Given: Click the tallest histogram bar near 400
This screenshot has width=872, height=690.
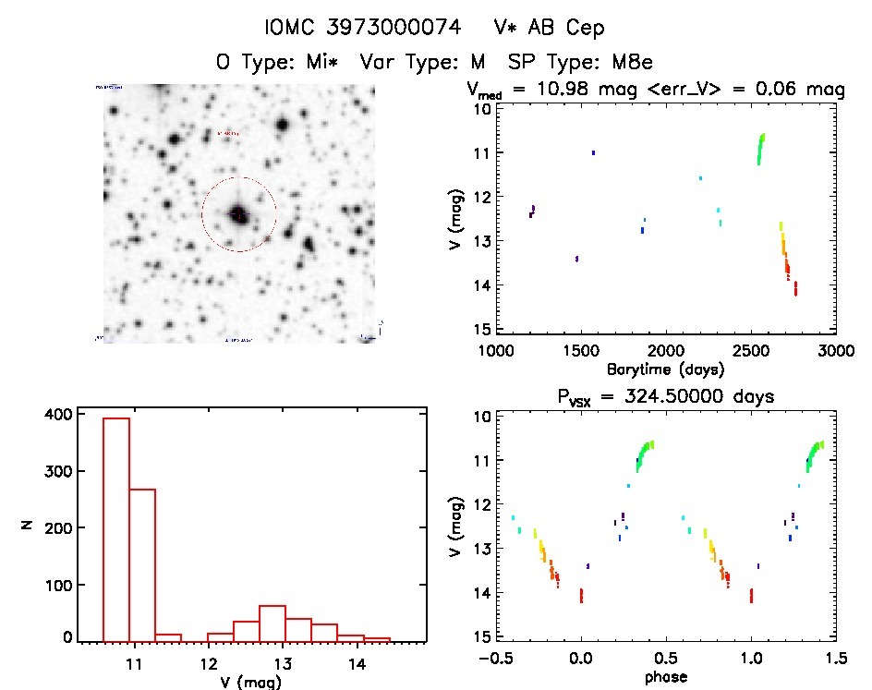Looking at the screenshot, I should (x=116, y=527).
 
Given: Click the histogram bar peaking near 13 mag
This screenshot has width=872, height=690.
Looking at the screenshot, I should (x=272, y=623).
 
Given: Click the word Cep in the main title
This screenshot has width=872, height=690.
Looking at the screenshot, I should (x=586, y=29).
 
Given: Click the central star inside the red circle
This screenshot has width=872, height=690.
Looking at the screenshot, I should (x=238, y=213).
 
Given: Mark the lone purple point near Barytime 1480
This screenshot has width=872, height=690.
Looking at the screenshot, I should (x=576, y=259).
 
